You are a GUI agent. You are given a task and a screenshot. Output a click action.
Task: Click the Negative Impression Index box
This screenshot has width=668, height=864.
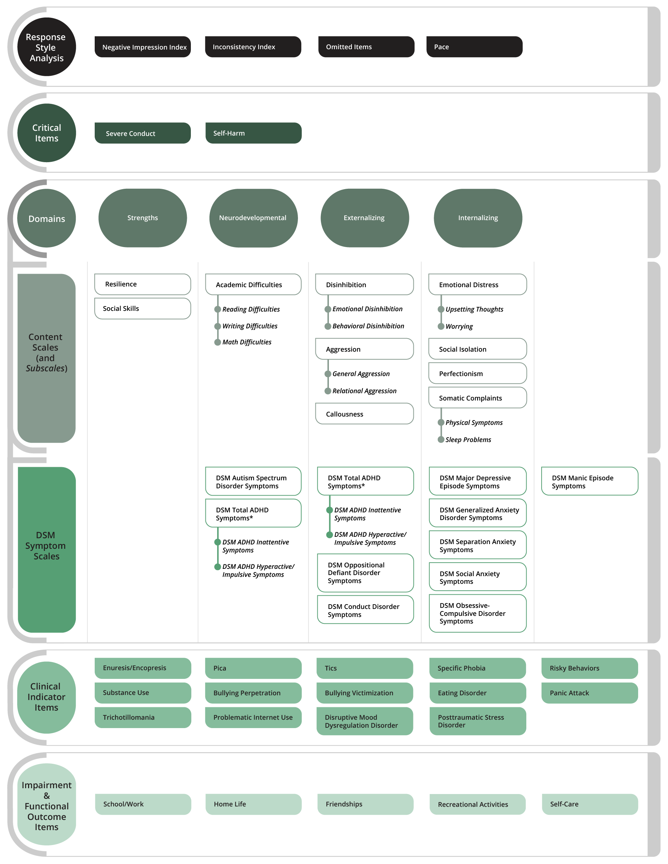[x=142, y=47]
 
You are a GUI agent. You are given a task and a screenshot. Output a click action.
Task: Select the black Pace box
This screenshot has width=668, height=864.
[x=474, y=47]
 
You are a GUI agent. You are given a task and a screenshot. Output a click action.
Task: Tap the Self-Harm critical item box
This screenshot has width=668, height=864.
[x=254, y=133]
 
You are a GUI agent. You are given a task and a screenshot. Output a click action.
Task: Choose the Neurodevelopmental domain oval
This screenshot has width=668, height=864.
[x=254, y=218]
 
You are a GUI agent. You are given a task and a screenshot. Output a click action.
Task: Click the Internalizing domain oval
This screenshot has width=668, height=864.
[x=478, y=218]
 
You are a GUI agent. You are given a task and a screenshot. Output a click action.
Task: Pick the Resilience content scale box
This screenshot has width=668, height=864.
[x=142, y=284]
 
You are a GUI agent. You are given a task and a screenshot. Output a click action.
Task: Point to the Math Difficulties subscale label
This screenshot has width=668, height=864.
[x=247, y=342]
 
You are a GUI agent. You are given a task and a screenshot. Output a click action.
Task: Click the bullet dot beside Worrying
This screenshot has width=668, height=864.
[x=441, y=327]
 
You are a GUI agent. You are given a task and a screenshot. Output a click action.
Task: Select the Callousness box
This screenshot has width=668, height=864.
[x=364, y=414]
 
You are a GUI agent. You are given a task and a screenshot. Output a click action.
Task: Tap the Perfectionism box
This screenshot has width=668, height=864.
[x=478, y=374]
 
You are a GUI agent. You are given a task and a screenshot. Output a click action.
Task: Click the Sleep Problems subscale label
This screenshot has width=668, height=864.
[x=468, y=440]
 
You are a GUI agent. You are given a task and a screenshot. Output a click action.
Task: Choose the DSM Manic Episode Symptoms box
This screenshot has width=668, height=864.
[x=590, y=481]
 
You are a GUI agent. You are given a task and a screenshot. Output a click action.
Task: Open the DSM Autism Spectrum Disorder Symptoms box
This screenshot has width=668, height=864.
[x=253, y=481]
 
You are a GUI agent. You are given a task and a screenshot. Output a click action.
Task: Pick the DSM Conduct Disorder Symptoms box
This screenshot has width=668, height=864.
[x=365, y=610]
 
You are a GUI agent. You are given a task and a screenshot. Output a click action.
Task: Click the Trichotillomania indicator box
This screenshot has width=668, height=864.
[x=143, y=718]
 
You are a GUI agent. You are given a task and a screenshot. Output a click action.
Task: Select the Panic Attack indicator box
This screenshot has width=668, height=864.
[x=590, y=693]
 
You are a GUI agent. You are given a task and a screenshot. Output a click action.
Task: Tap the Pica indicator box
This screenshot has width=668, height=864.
[x=254, y=669]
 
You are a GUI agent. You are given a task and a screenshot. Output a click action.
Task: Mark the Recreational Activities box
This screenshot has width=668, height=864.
[x=478, y=804]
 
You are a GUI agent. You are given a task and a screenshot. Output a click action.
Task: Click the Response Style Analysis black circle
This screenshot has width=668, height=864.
[x=47, y=47]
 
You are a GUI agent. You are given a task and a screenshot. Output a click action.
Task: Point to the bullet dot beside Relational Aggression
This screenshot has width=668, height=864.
[x=328, y=391]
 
